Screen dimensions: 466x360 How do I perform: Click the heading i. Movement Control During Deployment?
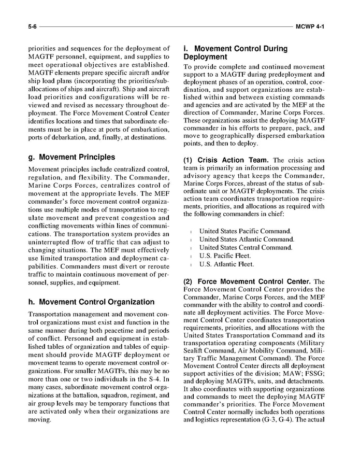pos(235,52)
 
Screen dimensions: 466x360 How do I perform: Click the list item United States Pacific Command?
pos(245,231)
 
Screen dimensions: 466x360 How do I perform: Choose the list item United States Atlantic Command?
pos(247,239)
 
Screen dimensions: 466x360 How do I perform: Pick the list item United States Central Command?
pos(246,247)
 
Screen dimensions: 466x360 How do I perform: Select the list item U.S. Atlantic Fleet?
pos(226,264)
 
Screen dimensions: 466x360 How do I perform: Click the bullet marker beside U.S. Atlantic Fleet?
pos(192,264)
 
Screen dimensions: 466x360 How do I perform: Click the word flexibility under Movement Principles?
pos(90,178)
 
